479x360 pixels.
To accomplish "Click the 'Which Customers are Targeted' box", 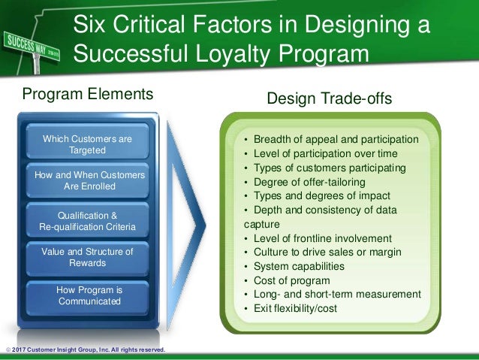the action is tap(87, 144).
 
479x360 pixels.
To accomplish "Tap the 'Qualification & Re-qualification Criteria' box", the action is tap(87, 220).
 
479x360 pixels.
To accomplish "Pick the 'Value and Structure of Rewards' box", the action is tap(87, 257).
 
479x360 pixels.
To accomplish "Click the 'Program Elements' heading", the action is tap(87, 95).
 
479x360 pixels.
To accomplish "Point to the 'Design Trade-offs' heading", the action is tap(330, 99).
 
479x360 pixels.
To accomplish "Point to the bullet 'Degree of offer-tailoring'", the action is tap(309, 182).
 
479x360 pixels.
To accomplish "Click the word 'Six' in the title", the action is tap(91, 27).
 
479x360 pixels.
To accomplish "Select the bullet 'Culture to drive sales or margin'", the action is tap(327, 252).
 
